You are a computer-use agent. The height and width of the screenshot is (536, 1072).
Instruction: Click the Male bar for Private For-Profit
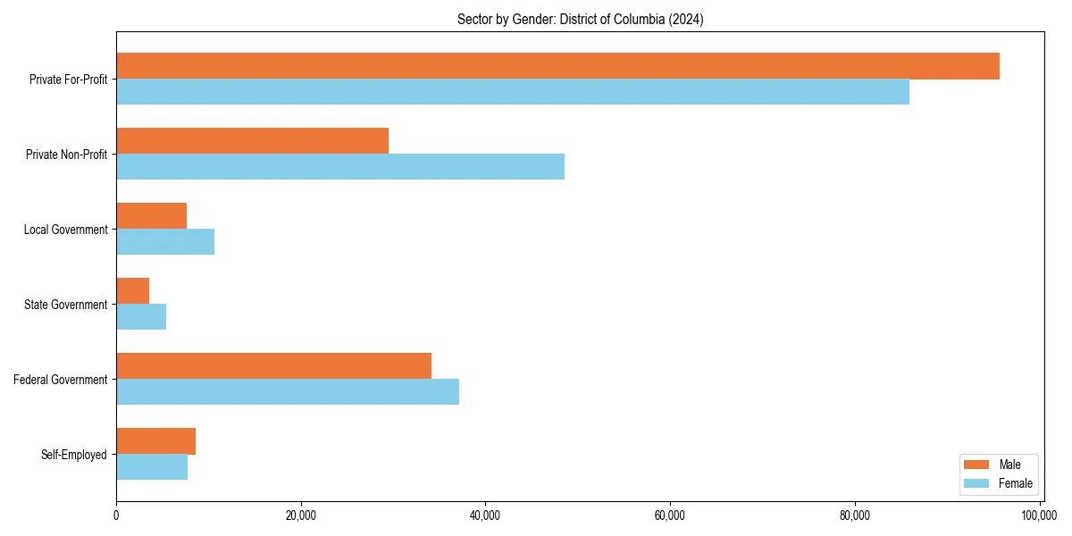point(557,66)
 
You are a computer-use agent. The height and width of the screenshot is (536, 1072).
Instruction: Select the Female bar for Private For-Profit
point(513,92)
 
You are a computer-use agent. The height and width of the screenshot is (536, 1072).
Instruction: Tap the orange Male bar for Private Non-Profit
point(252,141)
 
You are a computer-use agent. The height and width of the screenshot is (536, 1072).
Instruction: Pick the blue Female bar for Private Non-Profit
point(340,167)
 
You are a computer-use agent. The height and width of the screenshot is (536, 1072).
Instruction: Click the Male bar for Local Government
point(151,216)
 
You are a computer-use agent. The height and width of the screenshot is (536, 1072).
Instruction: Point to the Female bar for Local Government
point(165,242)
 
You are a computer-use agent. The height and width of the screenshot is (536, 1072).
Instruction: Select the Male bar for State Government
point(132,291)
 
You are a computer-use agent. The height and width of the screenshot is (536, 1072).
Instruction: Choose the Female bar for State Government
point(141,317)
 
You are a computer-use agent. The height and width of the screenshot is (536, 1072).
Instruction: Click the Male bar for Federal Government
point(273,366)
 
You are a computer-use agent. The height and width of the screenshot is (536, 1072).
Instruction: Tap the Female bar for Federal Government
point(288,392)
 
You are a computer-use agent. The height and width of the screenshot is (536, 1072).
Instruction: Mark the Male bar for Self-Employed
point(155,441)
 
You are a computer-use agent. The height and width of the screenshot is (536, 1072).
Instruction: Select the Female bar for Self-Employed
point(152,467)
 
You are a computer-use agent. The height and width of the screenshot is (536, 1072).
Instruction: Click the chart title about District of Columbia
point(580,20)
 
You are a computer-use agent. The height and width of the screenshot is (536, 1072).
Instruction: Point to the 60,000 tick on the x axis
point(670,515)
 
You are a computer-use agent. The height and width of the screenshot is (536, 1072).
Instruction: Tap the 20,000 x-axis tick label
point(301,515)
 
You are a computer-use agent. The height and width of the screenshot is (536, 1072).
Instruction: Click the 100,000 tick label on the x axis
point(1039,515)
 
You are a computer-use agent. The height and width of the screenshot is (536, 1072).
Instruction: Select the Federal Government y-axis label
point(61,380)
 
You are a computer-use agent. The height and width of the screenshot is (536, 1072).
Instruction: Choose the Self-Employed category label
point(74,455)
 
